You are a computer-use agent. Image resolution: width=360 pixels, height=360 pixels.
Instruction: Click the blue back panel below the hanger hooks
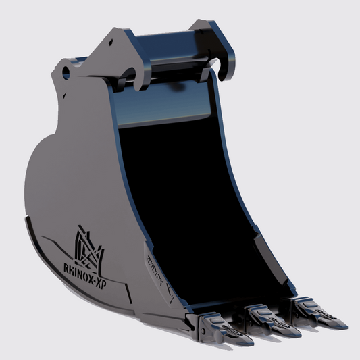coord(169,108)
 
